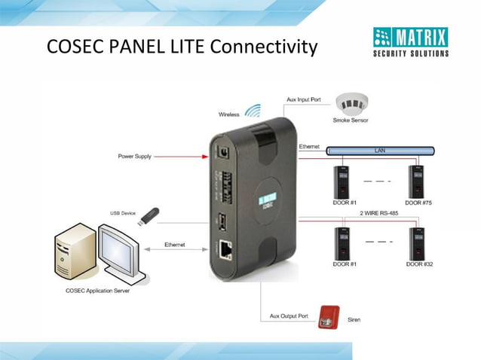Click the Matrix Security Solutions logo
[411, 41]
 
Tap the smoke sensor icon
[351, 103]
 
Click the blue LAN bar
[381, 151]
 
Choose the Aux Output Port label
[290, 316]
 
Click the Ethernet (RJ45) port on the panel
[225, 248]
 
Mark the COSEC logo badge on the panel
[265, 200]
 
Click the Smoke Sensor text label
[351, 121]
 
